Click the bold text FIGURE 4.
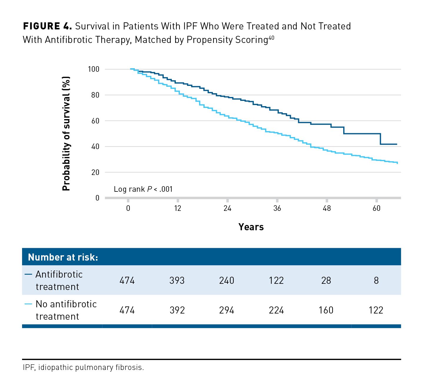pyautogui.click(x=47, y=26)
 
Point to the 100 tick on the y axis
pyautogui.click(x=94, y=69)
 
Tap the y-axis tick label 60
pyautogui.click(x=95, y=121)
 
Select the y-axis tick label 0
pyautogui.click(x=97, y=198)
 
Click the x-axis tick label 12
pyautogui.click(x=178, y=208)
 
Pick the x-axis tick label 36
pyautogui.click(x=277, y=208)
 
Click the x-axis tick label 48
pyautogui.click(x=327, y=208)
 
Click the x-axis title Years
pyautogui.click(x=251, y=227)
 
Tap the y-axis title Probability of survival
pyautogui.click(x=67, y=134)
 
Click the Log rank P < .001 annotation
pyautogui.click(x=143, y=189)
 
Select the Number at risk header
pyautogui.click(x=63, y=257)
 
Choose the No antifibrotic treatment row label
pyautogui.click(x=66, y=310)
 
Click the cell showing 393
pyautogui.click(x=177, y=281)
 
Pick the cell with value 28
pyautogui.click(x=326, y=281)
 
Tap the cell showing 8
pyautogui.click(x=376, y=281)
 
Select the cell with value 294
pyautogui.click(x=227, y=310)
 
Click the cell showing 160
pyautogui.click(x=326, y=310)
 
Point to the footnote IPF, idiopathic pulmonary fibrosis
pyautogui.click(x=83, y=368)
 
